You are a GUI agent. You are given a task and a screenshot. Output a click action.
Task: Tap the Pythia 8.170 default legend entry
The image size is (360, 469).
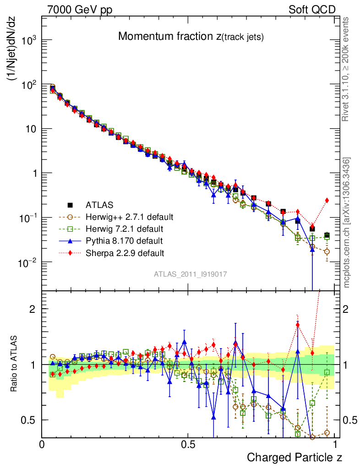pos(124,240)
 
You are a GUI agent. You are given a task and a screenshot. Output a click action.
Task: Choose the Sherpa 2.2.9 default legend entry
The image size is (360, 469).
pos(125,252)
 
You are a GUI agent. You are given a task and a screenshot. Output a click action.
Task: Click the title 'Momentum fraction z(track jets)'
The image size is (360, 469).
pos(191,37)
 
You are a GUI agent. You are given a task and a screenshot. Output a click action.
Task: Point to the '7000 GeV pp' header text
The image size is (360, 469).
pos(80,10)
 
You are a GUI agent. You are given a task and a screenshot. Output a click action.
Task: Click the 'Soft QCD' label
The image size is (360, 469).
pos(312,10)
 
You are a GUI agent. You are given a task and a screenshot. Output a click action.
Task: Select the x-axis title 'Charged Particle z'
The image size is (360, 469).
pos(295,457)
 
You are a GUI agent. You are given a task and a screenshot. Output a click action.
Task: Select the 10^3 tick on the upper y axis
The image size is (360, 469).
pos(29,41)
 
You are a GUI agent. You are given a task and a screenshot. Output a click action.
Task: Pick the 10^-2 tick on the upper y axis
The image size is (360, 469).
pos(28,262)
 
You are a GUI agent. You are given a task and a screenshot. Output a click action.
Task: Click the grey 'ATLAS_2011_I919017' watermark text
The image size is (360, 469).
pos(191,274)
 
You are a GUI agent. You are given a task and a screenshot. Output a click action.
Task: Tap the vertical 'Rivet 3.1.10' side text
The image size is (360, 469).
pos(346,69)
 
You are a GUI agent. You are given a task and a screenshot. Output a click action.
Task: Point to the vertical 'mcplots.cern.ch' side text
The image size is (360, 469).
pos(347,223)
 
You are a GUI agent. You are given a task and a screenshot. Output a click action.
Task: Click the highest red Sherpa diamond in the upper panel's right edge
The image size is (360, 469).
pos(327,200)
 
